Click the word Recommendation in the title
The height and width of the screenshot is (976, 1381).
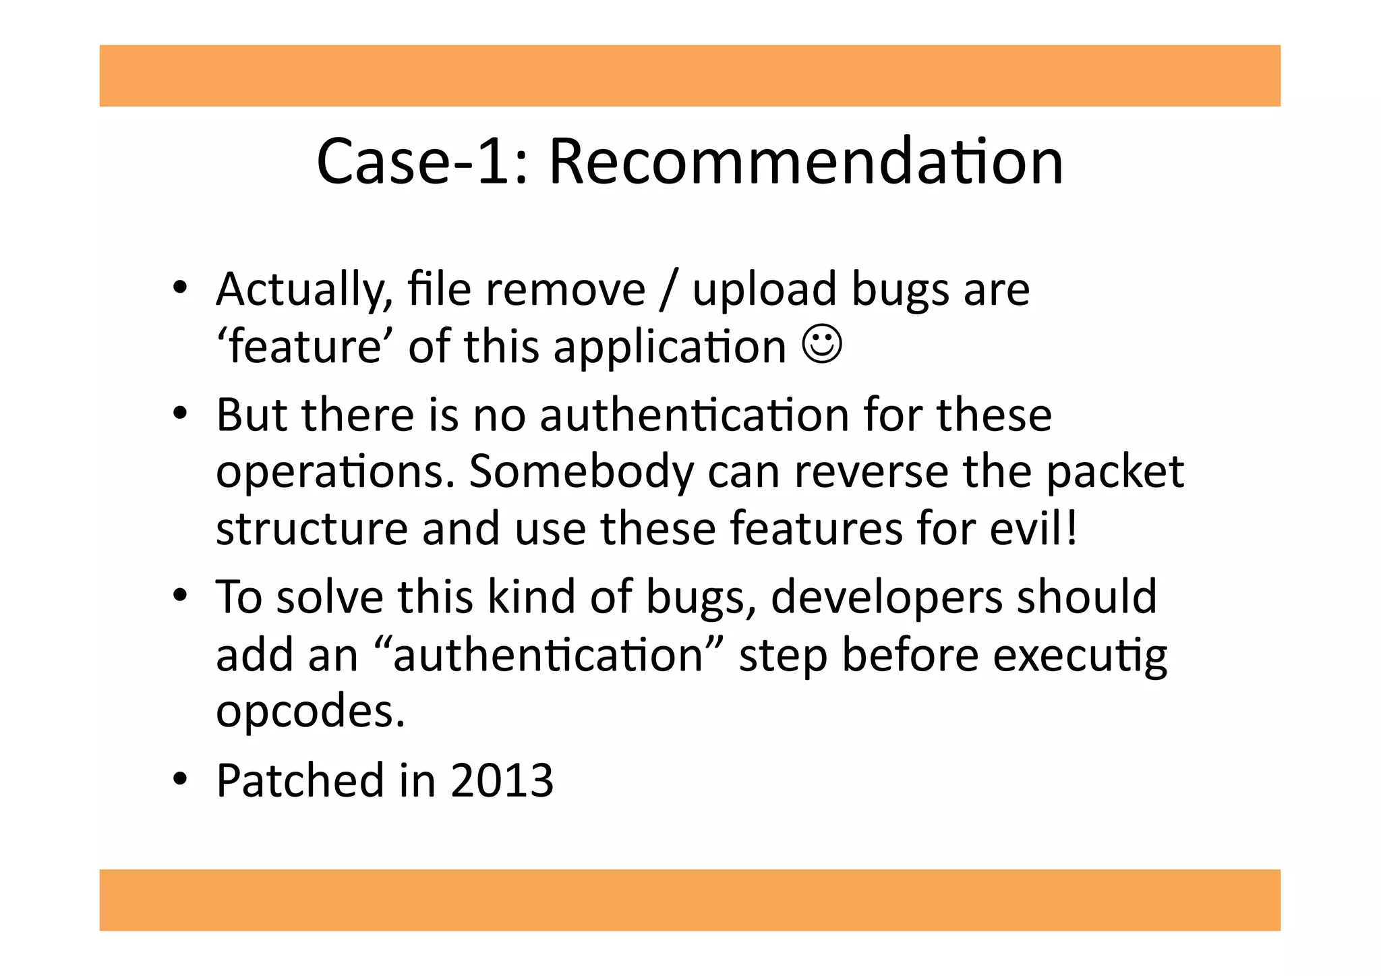tap(806, 163)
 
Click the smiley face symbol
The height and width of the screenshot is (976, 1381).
tap(822, 345)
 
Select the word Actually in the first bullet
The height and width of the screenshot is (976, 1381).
tap(304, 290)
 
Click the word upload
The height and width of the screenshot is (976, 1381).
tap(764, 290)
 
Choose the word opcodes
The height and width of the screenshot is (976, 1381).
tap(310, 712)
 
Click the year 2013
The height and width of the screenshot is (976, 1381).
tap(502, 781)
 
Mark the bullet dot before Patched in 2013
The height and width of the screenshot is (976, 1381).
tap(179, 780)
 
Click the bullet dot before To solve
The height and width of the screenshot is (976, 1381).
tap(179, 596)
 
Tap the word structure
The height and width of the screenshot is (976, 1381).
tap(312, 528)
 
